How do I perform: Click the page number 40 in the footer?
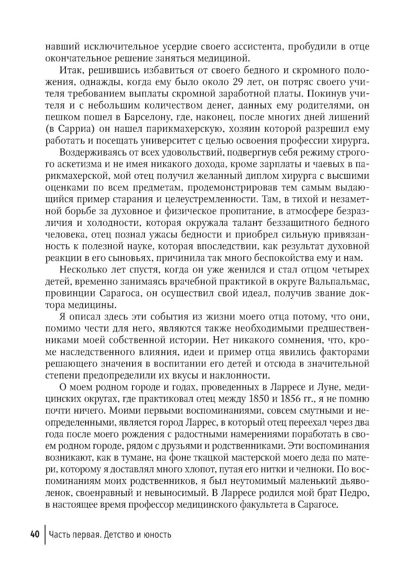34,534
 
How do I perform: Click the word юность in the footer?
157,534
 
